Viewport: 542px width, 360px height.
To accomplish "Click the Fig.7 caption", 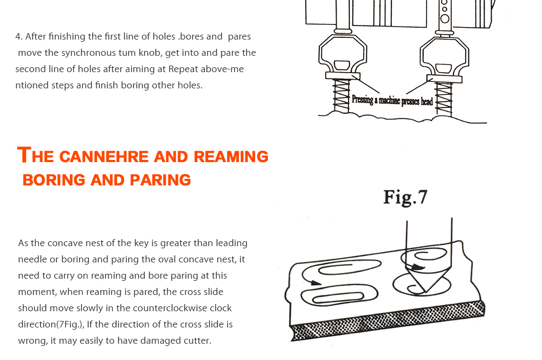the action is pos(405,198).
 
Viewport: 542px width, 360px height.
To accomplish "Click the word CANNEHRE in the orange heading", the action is pos(104,157).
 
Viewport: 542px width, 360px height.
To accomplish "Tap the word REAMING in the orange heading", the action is pos(231,157).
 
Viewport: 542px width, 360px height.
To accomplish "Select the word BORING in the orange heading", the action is pos(54,180).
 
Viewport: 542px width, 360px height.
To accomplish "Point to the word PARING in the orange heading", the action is pos(160,180).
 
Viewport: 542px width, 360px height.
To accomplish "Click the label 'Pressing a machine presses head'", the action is pos(392,100).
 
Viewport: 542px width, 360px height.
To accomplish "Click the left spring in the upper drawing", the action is pos(341,96).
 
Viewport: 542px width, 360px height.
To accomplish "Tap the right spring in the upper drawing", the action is pos(444,99).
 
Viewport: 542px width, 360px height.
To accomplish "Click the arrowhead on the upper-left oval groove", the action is pos(315,283).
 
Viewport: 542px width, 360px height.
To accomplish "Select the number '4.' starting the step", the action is pos(19,37).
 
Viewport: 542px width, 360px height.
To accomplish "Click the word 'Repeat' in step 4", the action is pos(183,69).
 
